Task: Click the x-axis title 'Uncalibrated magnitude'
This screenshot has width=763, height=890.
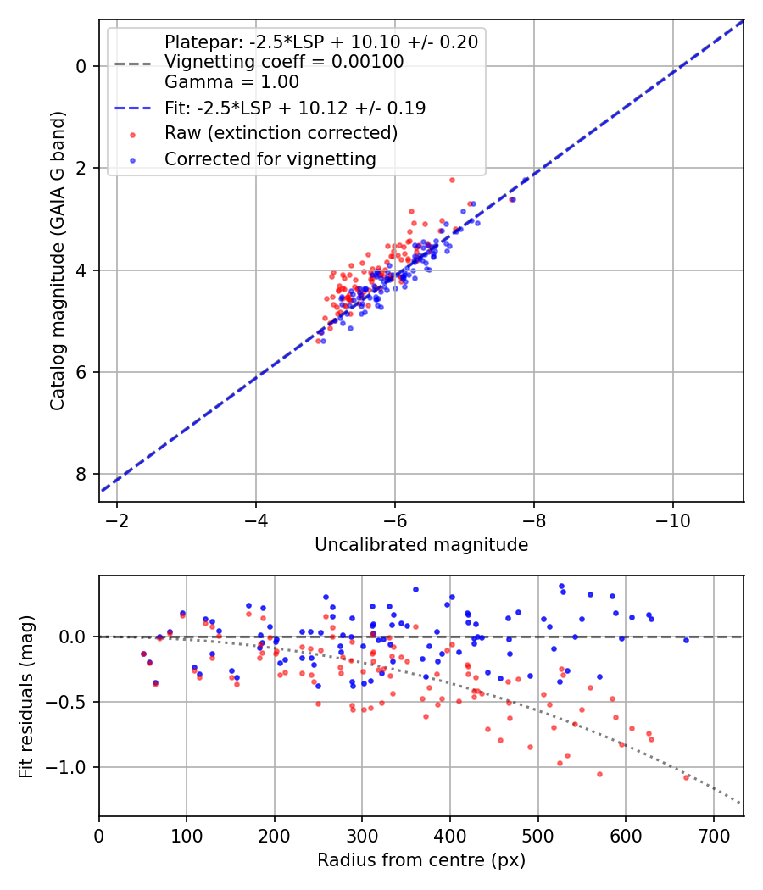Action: [x=421, y=545]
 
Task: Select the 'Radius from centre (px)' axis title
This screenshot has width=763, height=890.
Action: [x=421, y=860]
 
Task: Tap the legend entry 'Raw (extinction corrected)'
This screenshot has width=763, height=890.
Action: [x=281, y=133]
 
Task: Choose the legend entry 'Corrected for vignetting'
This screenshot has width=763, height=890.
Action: [x=270, y=159]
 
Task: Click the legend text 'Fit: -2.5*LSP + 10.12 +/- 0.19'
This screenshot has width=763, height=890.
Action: [x=294, y=108]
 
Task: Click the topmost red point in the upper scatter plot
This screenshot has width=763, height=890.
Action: [x=452, y=180]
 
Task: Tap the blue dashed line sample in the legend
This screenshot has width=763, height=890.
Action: [x=132, y=108]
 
